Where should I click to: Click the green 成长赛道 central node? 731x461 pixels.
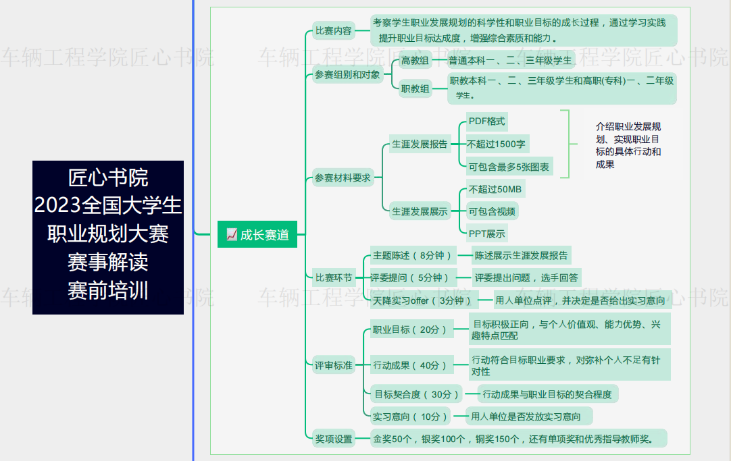point(257,234)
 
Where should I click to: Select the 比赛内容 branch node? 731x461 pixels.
point(334,31)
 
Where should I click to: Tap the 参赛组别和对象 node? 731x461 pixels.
point(347,74)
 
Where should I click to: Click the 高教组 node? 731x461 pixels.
point(415,61)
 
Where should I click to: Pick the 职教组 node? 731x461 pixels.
point(415,88)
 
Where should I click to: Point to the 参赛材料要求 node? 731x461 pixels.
point(343,178)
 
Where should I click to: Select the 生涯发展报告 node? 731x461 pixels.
point(420,144)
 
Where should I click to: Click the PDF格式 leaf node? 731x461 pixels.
point(486,121)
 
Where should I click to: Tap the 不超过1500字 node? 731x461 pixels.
point(496,144)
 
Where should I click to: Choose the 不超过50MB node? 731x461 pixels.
point(495,190)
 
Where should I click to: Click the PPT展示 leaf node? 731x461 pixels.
point(486,234)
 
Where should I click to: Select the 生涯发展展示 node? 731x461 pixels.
point(420,212)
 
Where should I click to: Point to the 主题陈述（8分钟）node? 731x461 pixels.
point(412,256)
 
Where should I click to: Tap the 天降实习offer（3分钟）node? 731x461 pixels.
point(422,301)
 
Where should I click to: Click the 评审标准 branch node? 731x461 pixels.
point(334,366)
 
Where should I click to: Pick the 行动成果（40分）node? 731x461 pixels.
point(410,366)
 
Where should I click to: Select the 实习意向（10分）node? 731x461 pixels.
point(410,416)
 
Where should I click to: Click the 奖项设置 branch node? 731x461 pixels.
point(334,439)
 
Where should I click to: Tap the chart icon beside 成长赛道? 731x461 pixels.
point(232,234)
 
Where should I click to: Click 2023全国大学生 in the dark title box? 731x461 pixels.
point(107,205)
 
